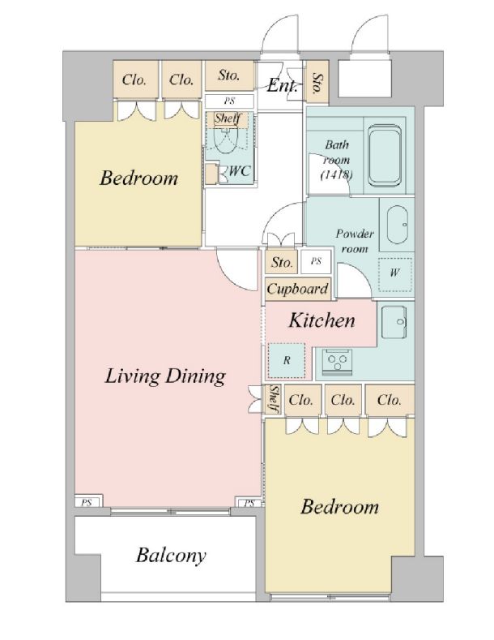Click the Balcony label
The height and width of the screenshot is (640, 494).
coord(171,556)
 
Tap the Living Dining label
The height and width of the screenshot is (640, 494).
coord(165,376)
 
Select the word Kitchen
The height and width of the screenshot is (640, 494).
coord(322,320)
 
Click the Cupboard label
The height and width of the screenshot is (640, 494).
coord(297,289)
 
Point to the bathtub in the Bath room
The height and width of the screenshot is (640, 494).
coord(384,155)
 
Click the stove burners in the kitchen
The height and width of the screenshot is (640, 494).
coord(338,360)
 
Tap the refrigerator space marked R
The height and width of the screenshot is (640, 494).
coord(287,360)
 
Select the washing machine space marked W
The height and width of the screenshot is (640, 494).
coord(394,273)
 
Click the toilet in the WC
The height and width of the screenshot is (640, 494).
coord(226,138)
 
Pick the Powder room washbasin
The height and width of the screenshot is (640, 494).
coord(397,225)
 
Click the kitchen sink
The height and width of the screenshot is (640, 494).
coord(394,323)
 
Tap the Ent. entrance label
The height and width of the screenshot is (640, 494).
coord(282,86)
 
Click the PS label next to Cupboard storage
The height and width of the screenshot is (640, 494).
coord(317,261)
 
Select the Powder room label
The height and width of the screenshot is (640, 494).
coord(355,241)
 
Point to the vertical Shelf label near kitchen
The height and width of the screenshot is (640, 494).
coord(274,399)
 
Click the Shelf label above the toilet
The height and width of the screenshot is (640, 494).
coord(228,118)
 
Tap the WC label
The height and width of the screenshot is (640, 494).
coord(239,170)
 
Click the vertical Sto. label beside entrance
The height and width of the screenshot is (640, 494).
coord(317,84)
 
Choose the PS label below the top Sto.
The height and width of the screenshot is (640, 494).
coord(229,101)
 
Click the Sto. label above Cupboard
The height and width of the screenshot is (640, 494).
coord(282,262)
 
